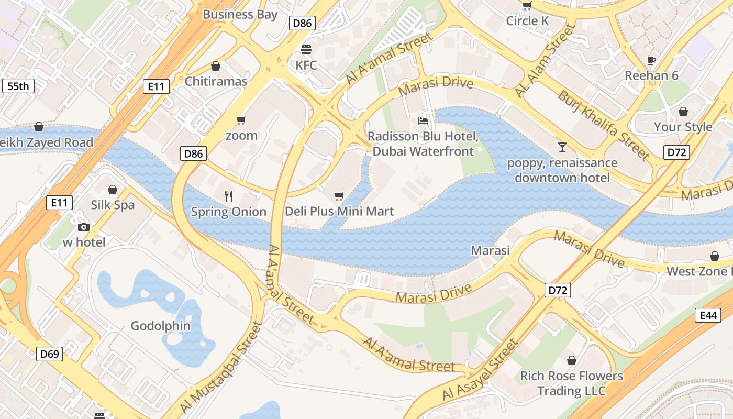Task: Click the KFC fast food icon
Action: coord(306,49)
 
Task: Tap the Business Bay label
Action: coord(240,14)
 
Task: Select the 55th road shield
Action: coord(18,86)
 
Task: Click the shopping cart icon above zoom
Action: coord(241,120)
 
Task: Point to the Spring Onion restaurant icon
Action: coord(228,196)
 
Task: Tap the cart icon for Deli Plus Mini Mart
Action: coord(339,196)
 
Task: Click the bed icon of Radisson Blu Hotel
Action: coord(423,121)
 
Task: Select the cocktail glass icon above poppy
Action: coord(562,147)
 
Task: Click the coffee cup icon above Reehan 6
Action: coord(651,60)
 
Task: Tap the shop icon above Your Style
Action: coord(683,112)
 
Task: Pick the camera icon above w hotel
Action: coord(84,227)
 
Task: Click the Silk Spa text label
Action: coord(113,205)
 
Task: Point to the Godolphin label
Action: coord(160,326)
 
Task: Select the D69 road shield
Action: coord(50,354)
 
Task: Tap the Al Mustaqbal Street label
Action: coord(220,367)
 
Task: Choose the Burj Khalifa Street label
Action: coord(603,125)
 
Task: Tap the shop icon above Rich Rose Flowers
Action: coord(571,360)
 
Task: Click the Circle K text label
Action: coord(527,21)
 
